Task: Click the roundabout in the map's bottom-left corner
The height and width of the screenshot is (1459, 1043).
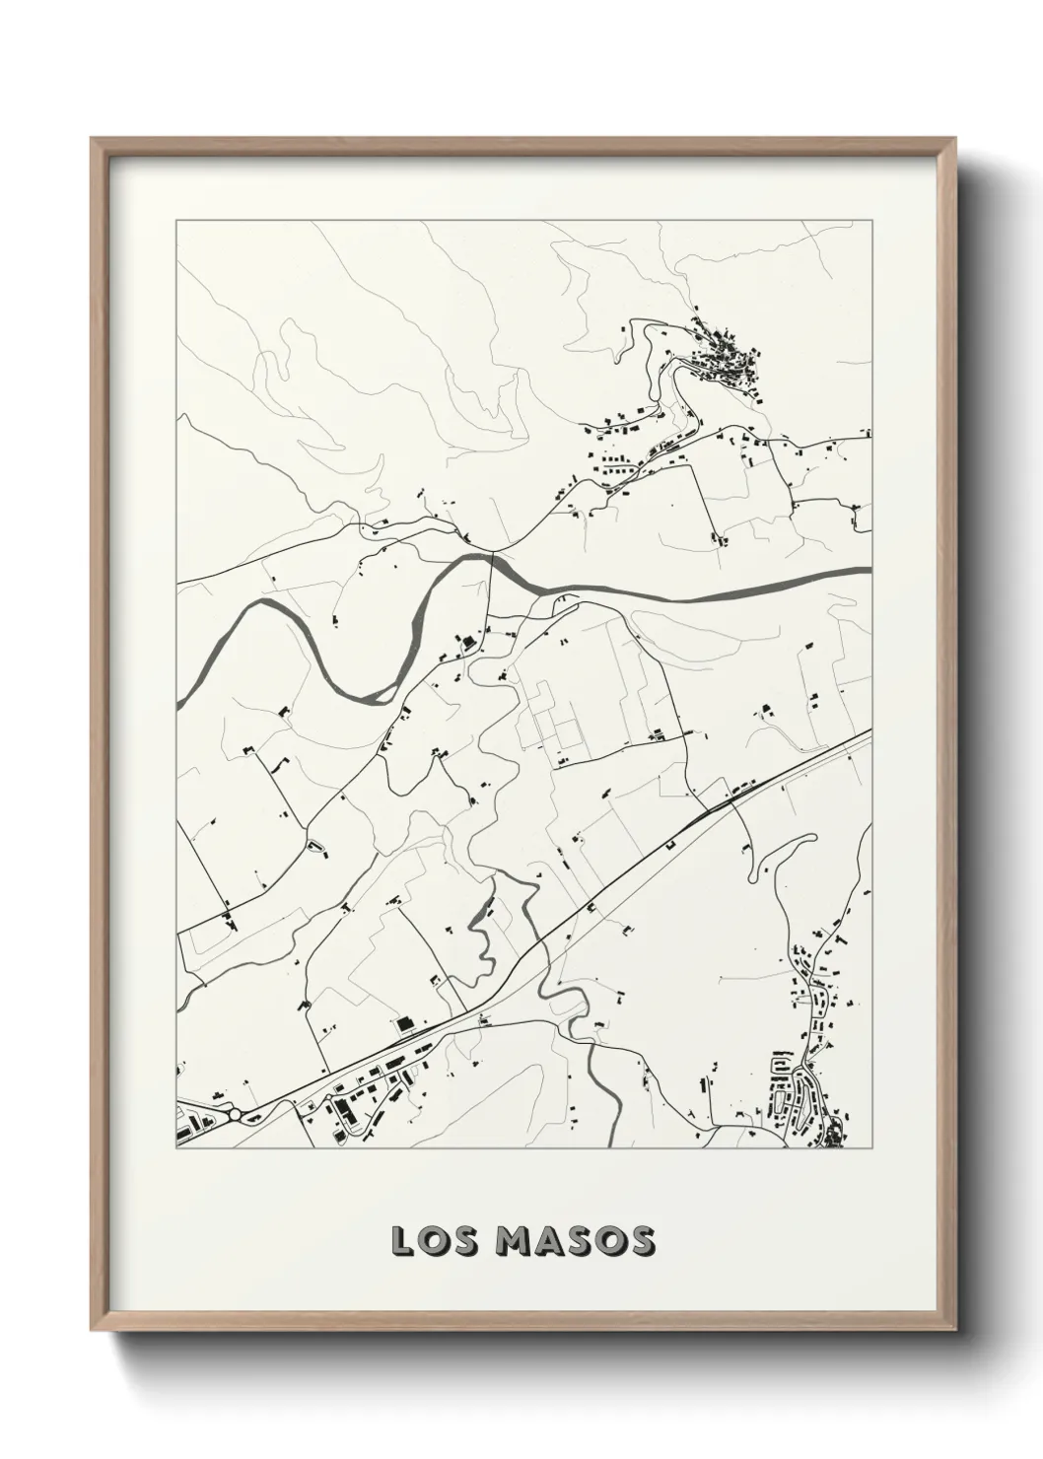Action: pyautogui.click(x=238, y=1115)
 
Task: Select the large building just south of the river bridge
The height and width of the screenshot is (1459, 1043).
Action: pyautogui.click(x=466, y=643)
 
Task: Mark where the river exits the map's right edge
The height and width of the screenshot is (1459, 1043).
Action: pyautogui.click(x=869, y=570)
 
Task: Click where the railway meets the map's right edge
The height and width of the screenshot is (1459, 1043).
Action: pyautogui.click(x=869, y=732)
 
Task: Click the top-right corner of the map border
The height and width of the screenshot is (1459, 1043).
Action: pyautogui.click(x=871, y=221)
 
